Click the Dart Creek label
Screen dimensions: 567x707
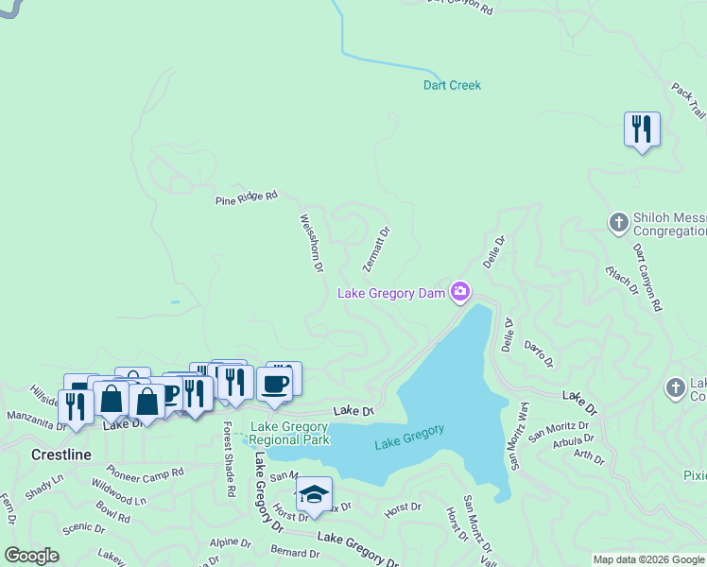(451, 85)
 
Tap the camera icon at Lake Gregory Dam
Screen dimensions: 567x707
(460, 291)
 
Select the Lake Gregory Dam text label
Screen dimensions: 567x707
(391, 294)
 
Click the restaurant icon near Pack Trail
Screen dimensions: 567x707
(642, 129)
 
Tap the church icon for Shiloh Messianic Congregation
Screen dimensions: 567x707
(618, 222)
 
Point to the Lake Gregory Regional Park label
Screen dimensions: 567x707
(289, 433)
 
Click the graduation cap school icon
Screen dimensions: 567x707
(314, 493)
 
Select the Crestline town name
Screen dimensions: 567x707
(61, 455)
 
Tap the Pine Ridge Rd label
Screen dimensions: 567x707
(246, 198)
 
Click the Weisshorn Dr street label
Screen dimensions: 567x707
(312, 244)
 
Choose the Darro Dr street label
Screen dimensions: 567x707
(538, 355)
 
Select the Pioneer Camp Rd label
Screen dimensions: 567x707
(145, 471)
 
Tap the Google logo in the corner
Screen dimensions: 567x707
(31, 556)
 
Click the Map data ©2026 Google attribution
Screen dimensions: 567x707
(648, 559)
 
